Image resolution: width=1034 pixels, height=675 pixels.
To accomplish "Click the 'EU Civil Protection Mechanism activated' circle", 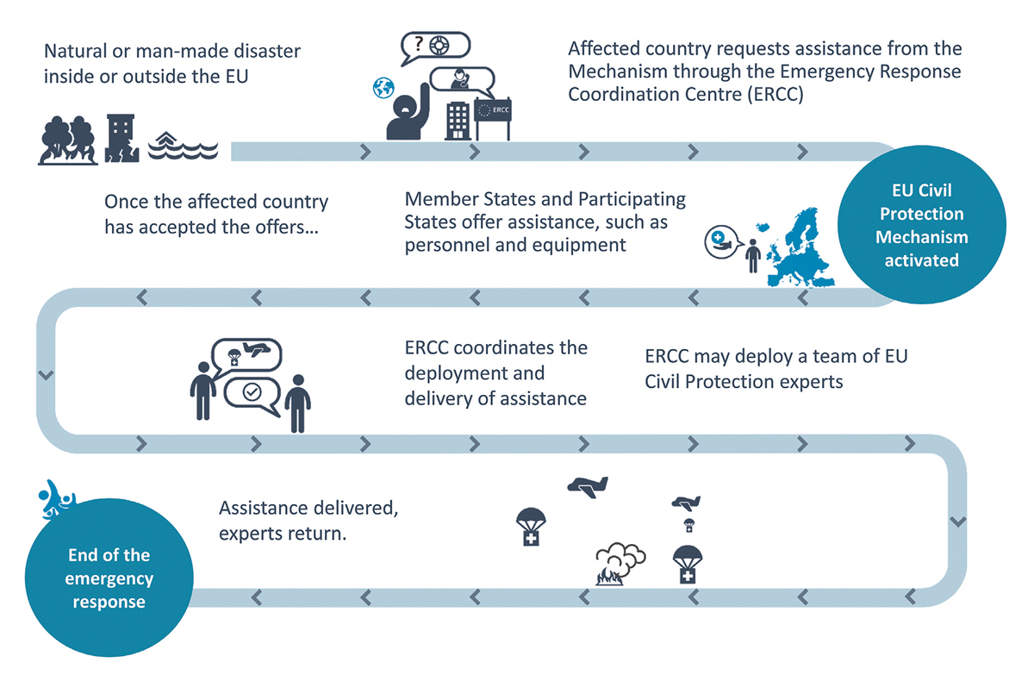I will pyautogui.click(x=921, y=225).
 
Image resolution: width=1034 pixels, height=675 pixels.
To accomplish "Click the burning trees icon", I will pyautogui.click(x=67, y=140).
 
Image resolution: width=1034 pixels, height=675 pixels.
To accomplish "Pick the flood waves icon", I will pyautogui.click(x=183, y=146).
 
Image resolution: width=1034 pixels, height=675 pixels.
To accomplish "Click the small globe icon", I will pyautogui.click(x=383, y=87).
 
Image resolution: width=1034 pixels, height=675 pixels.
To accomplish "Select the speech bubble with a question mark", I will pyautogui.click(x=435, y=48).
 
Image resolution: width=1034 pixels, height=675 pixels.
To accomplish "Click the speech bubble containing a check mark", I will pyautogui.click(x=252, y=392).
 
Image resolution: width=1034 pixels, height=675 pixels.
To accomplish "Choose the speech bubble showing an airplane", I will pyautogui.click(x=246, y=353).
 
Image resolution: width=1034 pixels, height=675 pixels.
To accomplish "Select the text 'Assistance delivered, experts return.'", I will pyautogui.click(x=308, y=521).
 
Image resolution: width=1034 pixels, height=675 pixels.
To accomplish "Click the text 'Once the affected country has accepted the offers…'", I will pyautogui.click(x=216, y=215).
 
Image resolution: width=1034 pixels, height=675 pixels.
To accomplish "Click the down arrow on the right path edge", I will pyautogui.click(x=957, y=522).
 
